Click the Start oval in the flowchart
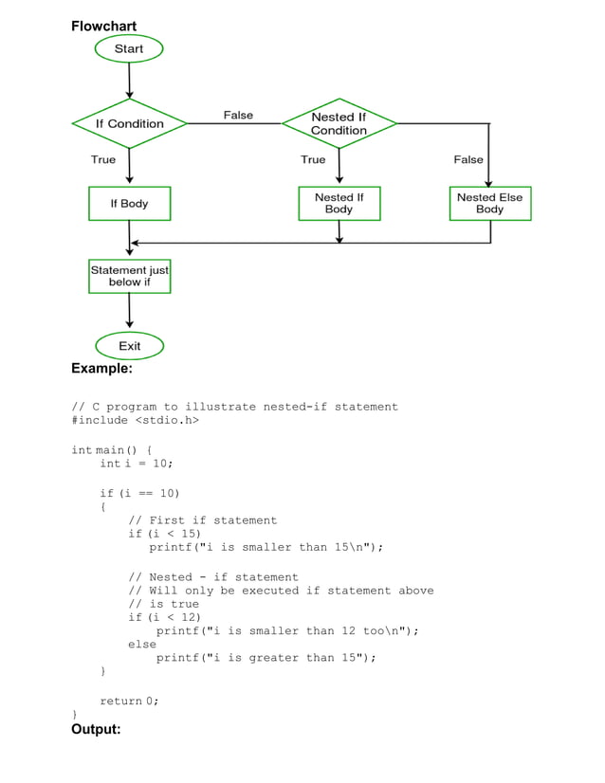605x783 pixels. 129,48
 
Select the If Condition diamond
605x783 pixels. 129,123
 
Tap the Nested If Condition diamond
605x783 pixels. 339,123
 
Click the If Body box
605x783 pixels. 129,203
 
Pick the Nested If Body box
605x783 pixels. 339,203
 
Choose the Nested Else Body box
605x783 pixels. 489,203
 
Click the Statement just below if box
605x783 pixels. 129,276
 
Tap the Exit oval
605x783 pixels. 130,346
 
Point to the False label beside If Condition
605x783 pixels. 238,115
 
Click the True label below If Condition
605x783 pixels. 103,159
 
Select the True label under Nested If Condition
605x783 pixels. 313,159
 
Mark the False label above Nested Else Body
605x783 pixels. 468,159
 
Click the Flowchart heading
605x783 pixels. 104,26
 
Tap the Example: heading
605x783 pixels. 101,368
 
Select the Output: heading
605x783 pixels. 96,729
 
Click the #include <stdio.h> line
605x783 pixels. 135,420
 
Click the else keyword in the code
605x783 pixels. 142,644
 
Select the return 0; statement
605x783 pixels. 129,701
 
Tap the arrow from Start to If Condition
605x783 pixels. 129,80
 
